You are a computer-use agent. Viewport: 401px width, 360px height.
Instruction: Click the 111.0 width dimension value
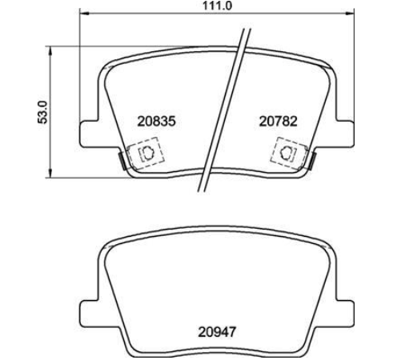[217, 6]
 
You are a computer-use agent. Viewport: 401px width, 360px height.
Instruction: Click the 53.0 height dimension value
[42, 112]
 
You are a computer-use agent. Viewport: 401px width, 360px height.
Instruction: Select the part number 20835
[157, 122]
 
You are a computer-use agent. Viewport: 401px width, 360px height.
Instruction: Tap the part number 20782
[279, 122]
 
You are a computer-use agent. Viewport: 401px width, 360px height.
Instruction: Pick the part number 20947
[217, 332]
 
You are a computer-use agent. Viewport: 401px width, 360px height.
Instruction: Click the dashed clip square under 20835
[146, 153]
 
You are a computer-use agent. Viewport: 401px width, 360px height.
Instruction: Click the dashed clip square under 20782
[289, 153]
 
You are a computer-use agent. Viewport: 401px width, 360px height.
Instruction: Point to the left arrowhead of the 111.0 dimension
[84, 13]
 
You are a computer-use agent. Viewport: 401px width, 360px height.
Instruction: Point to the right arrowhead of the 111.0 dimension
[350, 13]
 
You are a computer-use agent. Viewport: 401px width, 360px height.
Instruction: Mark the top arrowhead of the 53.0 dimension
[50, 51]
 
